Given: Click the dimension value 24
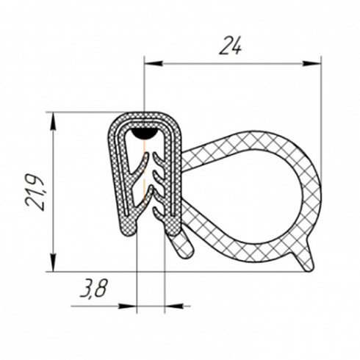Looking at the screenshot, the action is [x=230, y=46].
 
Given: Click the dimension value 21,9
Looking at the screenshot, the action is [x=35, y=192].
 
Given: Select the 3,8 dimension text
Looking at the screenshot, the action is [x=94, y=289].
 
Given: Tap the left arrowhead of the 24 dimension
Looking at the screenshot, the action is [x=154, y=64].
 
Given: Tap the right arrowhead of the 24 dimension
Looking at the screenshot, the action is [x=312, y=64].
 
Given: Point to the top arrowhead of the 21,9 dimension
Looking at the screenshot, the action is [x=53, y=121].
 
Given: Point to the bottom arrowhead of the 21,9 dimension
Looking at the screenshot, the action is [x=53, y=262].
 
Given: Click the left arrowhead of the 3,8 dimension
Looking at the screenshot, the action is [x=127, y=306].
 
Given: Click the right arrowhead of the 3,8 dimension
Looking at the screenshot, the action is [x=174, y=306].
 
